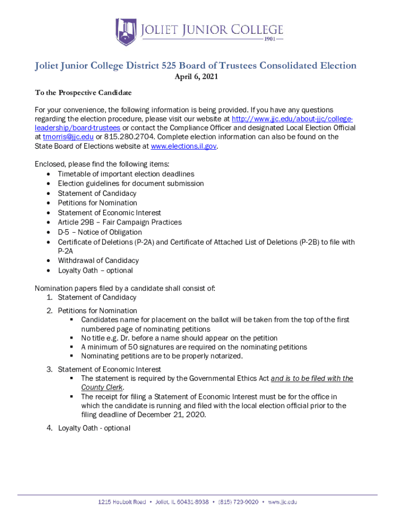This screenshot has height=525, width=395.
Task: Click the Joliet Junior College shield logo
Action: (x=125, y=32)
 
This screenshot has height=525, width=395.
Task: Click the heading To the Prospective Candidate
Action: (x=83, y=93)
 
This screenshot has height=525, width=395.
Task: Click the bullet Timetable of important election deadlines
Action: (x=126, y=174)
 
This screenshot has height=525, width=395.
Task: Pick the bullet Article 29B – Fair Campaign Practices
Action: (x=120, y=222)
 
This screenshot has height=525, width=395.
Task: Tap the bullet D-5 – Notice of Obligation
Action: (x=100, y=232)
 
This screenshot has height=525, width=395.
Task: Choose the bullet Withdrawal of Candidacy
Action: (x=98, y=260)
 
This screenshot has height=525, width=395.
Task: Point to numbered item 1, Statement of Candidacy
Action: (x=97, y=297)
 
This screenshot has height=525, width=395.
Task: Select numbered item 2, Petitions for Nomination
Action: (x=97, y=311)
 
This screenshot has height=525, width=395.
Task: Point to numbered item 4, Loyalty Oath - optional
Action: (x=94, y=428)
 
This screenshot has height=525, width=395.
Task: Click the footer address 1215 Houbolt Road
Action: (x=122, y=502)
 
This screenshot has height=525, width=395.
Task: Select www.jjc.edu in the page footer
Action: (x=282, y=502)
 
